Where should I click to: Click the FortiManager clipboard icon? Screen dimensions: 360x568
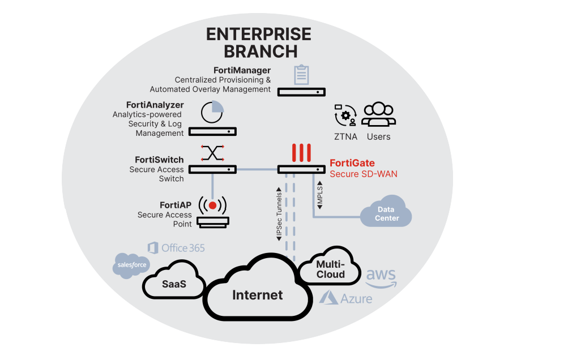[x=302, y=75]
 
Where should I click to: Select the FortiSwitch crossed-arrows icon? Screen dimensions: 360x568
[x=212, y=153]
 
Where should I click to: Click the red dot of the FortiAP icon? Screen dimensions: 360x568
[x=212, y=204]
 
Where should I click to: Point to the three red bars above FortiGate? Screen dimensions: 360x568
[x=301, y=153]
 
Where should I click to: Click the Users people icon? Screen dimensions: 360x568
[x=378, y=115]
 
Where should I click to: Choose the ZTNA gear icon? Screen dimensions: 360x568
[x=345, y=115]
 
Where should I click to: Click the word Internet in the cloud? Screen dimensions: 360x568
[x=257, y=295]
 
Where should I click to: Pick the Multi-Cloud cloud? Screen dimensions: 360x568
[x=330, y=269]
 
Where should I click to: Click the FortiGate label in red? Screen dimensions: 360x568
[x=352, y=164]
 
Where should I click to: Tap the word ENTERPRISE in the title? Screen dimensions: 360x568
[x=258, y=34]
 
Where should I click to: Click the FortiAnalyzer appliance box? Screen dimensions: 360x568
[x=212, y=131]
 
